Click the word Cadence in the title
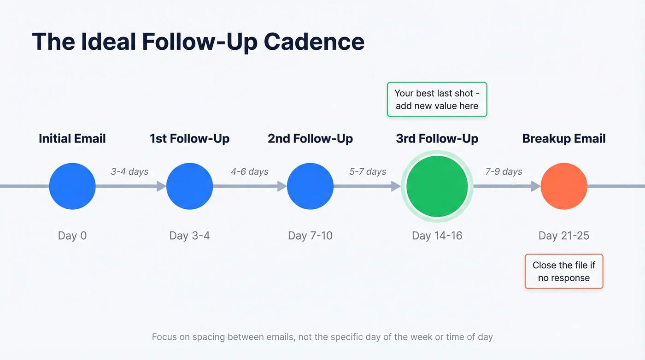(x=314, y=41)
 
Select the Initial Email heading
(x=72, y=139)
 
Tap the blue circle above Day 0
(x=72, y=186)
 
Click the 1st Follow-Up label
(x=189, y=139)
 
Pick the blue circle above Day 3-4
(x=189, y=186)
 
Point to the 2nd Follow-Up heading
(x=310, y=139)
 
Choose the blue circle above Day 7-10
(x=310, y=186)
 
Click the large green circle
(x=437, y=186)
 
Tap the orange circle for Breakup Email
(x=564, y=186)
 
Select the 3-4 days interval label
(x=129, y=171)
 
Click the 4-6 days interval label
(x=249, y=171)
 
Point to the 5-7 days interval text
(x=367, y=171)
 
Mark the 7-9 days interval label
(x=504, y=171)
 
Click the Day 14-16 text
(x=437, y=236)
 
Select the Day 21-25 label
(x=564, y=236)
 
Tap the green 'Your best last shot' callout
(x=437, y=100)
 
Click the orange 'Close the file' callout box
(x=564, y=271)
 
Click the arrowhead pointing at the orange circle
(x=536, y=186)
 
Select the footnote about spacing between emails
(x=322, y=337)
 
